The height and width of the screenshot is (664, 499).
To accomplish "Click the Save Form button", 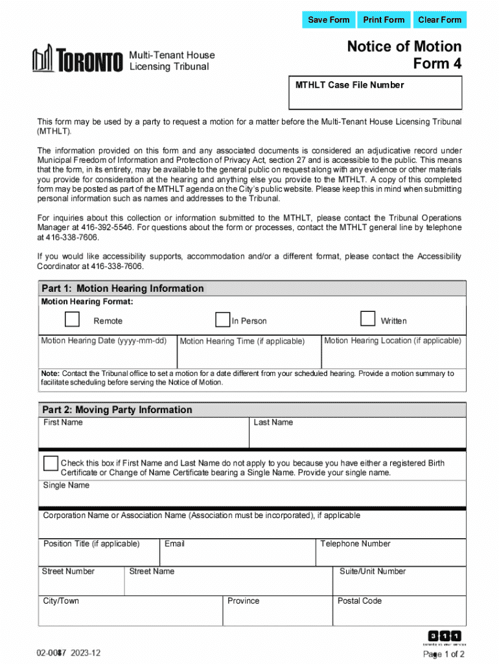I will coord(329,19).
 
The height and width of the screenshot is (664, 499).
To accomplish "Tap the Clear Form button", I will coord(439,19).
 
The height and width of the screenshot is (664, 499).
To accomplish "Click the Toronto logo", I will coord(77,60).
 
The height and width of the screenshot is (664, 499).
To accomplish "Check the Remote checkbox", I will coord(72,320).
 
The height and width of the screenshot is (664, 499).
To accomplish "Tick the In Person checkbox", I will coord(222,320).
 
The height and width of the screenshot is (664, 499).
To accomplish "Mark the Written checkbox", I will coord(367,318).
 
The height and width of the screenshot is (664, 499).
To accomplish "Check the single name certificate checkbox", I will coord(51,463).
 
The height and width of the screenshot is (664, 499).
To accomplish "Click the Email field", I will coord(238,556).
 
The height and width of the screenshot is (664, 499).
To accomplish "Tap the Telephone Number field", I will coord(391,556).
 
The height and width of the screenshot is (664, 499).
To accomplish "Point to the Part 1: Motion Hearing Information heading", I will coord(122,289).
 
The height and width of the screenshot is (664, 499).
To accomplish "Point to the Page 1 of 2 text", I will coord(444,654).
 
